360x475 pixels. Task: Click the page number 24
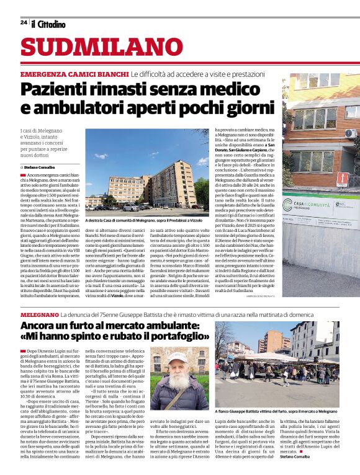coord(24,22)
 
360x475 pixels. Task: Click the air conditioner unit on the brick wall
coord(349,133)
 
